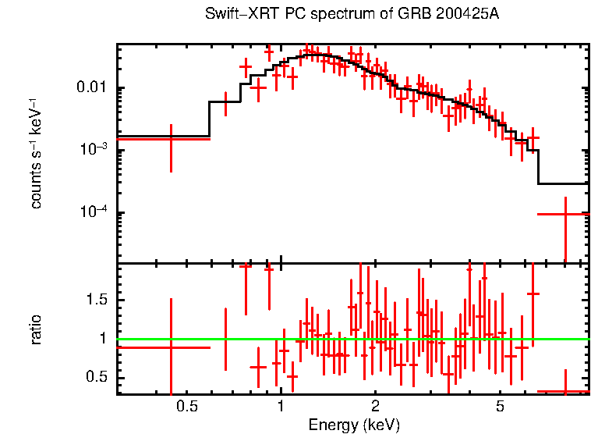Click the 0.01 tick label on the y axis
click(x=94, y=87)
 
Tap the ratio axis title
click(x=36, y=329)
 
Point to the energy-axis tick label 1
click(x=280, y=406)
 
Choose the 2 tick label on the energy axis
click(x=375, y=406)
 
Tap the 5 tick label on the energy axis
click(x=500, y=406)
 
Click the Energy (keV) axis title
click(x=354, y=425)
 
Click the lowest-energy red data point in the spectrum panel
click(x=171, y=138)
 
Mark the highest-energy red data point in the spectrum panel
click(x=564, y=213)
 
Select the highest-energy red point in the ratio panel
click(x=564, y=391)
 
